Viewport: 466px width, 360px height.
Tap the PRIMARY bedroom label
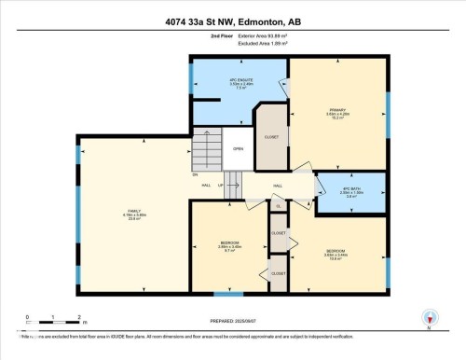[x=336, y=110]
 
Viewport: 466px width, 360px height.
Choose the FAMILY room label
[x=133, y=215]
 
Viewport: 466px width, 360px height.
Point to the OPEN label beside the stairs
[x=239, y=148]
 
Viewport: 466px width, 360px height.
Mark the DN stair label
[x=196, y=174]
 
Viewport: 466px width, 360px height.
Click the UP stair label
[x=220, y=186]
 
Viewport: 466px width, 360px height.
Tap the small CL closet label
[x=278, y=205]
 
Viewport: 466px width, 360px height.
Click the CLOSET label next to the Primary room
[x=271, y=137]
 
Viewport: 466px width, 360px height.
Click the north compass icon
[x=429, y=318]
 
